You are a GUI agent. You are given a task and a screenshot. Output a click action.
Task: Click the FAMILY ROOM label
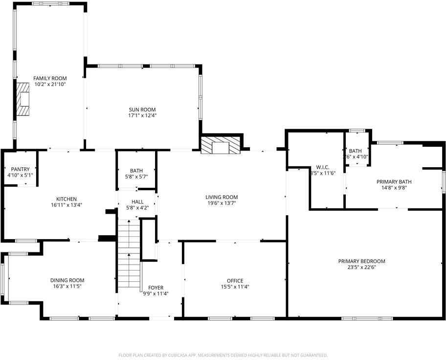50,78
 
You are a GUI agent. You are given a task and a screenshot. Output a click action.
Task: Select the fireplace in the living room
221,145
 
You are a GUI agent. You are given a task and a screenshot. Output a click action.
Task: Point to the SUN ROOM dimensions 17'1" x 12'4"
142,116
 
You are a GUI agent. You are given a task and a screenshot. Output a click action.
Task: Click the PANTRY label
19,169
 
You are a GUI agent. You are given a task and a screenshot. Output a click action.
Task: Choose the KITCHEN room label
66,199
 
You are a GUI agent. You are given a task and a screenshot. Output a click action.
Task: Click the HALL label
137,202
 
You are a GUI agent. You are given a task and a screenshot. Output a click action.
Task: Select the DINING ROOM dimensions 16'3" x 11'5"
67,286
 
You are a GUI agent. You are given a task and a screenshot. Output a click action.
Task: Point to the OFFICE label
235,281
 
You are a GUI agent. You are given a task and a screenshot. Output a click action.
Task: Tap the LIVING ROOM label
222,197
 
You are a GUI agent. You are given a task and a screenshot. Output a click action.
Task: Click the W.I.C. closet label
322,167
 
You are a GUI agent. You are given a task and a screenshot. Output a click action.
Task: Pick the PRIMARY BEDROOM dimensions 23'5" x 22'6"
362,267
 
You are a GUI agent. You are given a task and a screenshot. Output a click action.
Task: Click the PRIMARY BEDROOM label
362,261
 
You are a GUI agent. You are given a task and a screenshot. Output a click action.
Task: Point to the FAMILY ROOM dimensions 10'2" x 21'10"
50,84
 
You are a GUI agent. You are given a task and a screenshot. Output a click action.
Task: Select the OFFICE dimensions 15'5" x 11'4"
235,287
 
